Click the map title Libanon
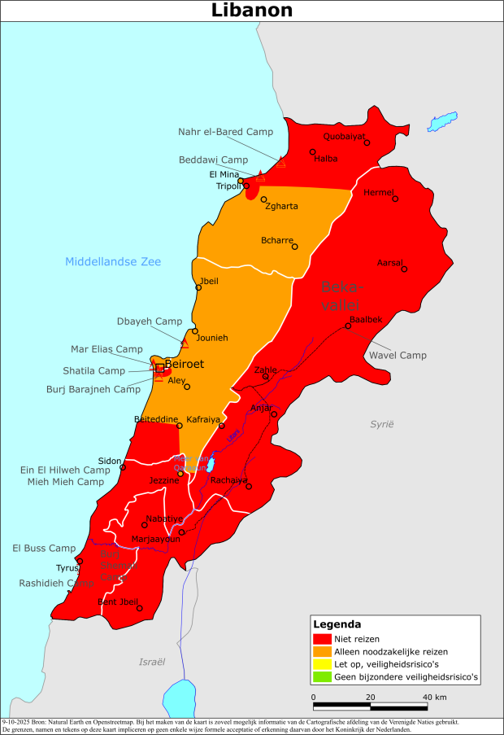coord(252,11)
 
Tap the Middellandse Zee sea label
coord(113,261)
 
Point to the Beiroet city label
coord(185,365)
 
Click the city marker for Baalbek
coord(348,326)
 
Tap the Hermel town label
coord(379,192)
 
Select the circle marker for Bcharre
coord(295,247)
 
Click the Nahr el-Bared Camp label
coord(226,131)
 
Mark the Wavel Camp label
coord(398,355)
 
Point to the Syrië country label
coord(381,424)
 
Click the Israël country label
coord(152,661)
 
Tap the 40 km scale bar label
coord(435,698)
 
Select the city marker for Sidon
coord(123,467)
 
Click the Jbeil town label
coord(209,280)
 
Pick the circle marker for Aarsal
coord(404,269)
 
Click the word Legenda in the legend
coord(337,624)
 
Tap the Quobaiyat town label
coord(344,136)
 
